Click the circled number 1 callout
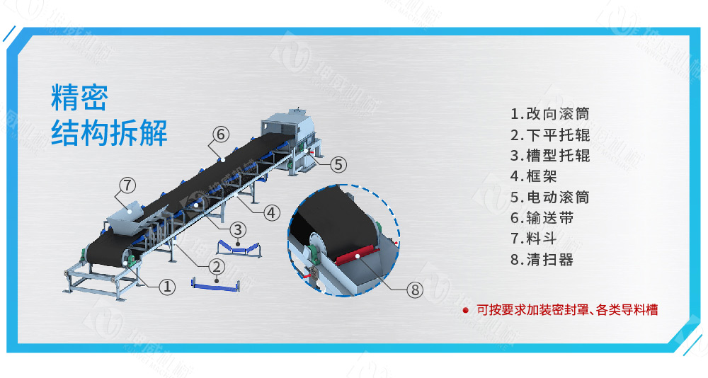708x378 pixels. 166,287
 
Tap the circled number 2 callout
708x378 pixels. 217,267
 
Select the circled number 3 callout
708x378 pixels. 239,229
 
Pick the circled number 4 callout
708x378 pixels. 272,212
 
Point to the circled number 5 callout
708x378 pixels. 338,164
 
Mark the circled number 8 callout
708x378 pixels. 416,289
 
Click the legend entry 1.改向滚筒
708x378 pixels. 549,114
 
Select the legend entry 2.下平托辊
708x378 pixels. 549,134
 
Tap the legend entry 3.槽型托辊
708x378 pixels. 549,156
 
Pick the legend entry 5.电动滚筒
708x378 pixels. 549,197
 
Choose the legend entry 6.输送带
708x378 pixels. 542,218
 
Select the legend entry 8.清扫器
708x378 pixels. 542,260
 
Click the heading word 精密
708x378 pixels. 79,98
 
